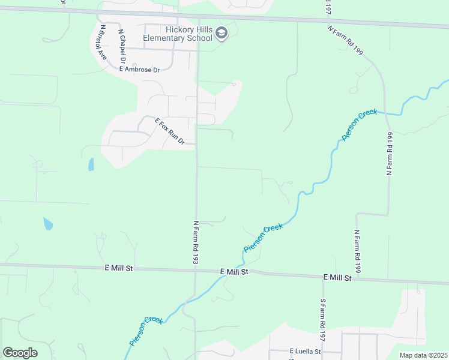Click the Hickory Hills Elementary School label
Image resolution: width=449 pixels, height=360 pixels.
click(x=178, y=34)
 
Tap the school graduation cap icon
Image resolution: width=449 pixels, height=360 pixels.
click(x=221, y=33)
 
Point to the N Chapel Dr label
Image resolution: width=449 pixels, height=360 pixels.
click(x=122, y=47)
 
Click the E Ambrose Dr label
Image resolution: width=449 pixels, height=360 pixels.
click(x=140, y=70)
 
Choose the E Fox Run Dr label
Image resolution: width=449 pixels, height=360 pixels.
click(x=170, y=131)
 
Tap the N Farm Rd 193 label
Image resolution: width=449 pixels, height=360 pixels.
click(x=196, y=242)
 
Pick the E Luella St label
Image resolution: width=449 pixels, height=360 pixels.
click(x=306, y=351)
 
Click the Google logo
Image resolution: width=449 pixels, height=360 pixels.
click(x=20, y=353)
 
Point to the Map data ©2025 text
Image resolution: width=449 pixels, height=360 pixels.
click(x=423, y=355)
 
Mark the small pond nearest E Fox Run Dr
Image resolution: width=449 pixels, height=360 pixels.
click(x=91, y=164)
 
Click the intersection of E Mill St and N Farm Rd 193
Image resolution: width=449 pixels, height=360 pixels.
click(x=196, y=269)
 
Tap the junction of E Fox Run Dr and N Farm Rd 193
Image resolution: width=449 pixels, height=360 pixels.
click(x=196, y=144)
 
